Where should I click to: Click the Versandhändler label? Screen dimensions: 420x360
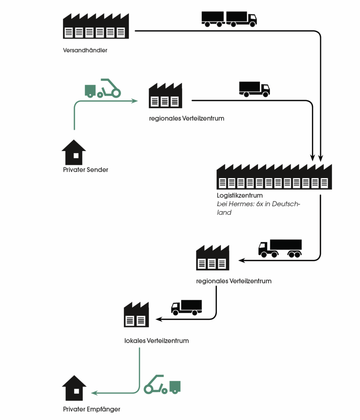point(85,50)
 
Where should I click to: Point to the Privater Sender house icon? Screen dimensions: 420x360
point(74,152)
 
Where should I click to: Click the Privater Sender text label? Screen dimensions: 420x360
point(86,170)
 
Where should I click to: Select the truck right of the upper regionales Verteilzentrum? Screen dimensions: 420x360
point(254,89)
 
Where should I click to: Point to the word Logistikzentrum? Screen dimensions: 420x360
point(239,195)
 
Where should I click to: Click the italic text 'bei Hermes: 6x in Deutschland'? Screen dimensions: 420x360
point(258,208)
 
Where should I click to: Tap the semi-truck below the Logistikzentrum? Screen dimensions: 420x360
point(280,249)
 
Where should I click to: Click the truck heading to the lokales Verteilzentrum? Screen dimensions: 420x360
point(187,307)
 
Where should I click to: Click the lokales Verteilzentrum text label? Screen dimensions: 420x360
point(156,340)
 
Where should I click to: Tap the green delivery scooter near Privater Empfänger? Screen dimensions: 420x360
point(162,384)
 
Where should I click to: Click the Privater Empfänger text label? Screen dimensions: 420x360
point(92,409)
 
